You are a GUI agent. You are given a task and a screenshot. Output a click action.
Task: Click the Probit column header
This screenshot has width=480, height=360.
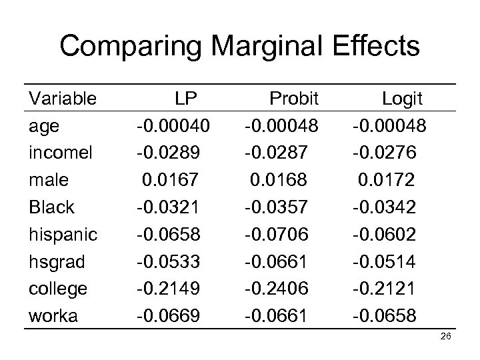[x=295, y=99]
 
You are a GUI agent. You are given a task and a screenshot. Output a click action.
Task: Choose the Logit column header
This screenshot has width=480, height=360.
[x=401, y=99]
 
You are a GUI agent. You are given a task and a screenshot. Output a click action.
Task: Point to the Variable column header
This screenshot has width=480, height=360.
[x=63, y=99]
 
